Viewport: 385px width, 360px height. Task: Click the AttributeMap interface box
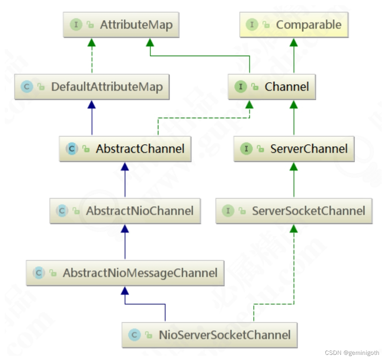point(121,25)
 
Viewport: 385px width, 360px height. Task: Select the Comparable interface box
point(294,25)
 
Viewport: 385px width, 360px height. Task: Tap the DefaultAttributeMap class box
point(92,87)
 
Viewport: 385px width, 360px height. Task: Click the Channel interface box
point(272,87)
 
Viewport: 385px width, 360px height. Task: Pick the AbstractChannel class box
point(125,149)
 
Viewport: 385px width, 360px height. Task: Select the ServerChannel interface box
point(294,149)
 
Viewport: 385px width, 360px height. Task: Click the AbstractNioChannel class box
point(125,211)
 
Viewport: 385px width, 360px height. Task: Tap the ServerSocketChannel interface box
point(294,211)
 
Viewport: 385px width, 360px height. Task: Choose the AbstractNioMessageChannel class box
point(125,273)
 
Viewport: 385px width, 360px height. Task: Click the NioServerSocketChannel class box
point(209,335)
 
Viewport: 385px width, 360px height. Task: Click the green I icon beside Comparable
point(252,25)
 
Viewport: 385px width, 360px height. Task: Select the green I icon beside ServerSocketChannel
point(228,211)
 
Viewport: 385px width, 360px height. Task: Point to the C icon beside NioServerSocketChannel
point(135,335)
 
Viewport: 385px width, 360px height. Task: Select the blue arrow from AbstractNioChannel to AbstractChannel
point(125,180)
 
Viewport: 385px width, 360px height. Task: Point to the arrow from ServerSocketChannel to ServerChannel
point(293,180)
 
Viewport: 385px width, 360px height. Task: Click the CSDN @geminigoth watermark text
point(352,353)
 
